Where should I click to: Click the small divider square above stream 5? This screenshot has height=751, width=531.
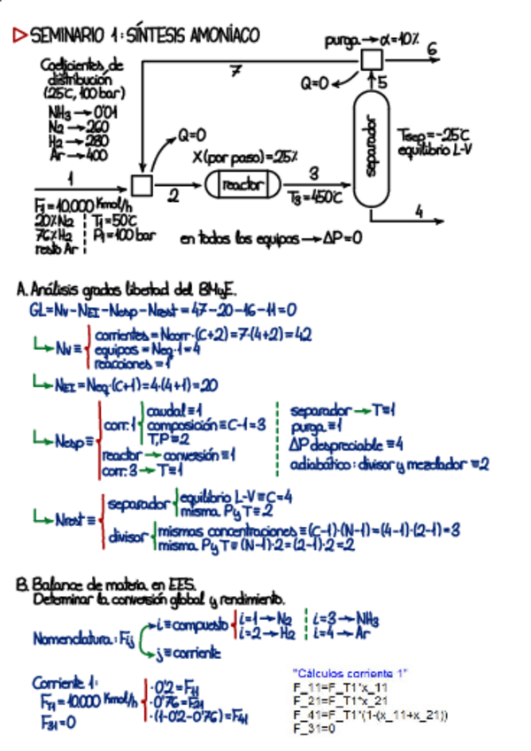[372, 58]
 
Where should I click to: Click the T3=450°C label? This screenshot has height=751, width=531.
[310, 198]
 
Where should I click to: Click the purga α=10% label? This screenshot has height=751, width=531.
[372, 40]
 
